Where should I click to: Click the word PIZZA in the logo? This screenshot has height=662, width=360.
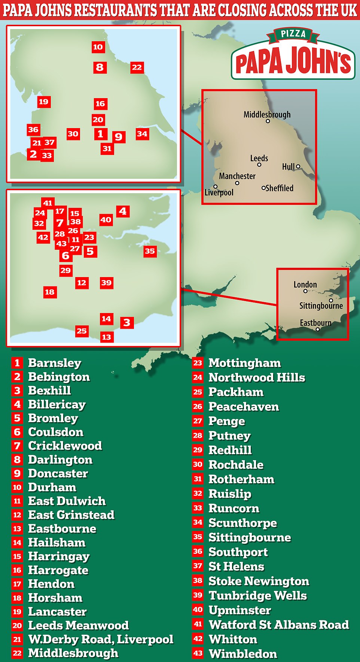pos(293,34)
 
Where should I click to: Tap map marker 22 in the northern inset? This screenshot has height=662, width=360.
pos(137,67)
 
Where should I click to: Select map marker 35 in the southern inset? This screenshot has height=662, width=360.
pos(150,251)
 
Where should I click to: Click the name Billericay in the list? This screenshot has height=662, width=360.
pos(57,404)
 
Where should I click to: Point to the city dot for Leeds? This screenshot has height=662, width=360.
pos(259,165)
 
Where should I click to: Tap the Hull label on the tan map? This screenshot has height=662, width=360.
pos(288,167)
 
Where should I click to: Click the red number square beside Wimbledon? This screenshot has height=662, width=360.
pos(198,653)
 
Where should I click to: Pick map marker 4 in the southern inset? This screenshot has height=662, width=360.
pos(123,212)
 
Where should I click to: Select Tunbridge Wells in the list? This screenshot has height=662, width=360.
pos(257,595)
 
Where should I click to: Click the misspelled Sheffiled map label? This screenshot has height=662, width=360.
pos(280,188)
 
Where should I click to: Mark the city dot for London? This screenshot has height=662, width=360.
pos(305,291)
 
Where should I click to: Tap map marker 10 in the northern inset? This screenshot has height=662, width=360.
pos(98,47)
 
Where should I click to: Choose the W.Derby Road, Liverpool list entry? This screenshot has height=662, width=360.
pos(101,639)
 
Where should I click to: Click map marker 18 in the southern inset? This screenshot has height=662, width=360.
pos(50,292)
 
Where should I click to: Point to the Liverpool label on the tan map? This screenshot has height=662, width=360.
pos(219,193)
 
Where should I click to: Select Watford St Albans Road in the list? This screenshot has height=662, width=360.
pos(279,625)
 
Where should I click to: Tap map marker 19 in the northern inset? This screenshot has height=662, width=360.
pos(43,101)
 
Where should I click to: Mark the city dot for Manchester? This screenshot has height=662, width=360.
pos(237,183)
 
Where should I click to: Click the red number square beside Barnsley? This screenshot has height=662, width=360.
pos(17,363)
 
